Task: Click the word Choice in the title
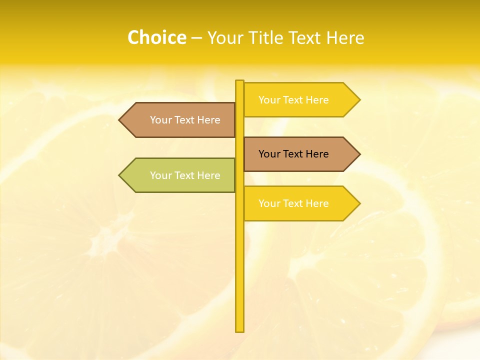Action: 156,37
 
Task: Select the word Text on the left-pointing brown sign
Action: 185,120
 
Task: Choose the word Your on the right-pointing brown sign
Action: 269,154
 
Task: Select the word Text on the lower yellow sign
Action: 294,203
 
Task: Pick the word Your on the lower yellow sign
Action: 269,203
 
